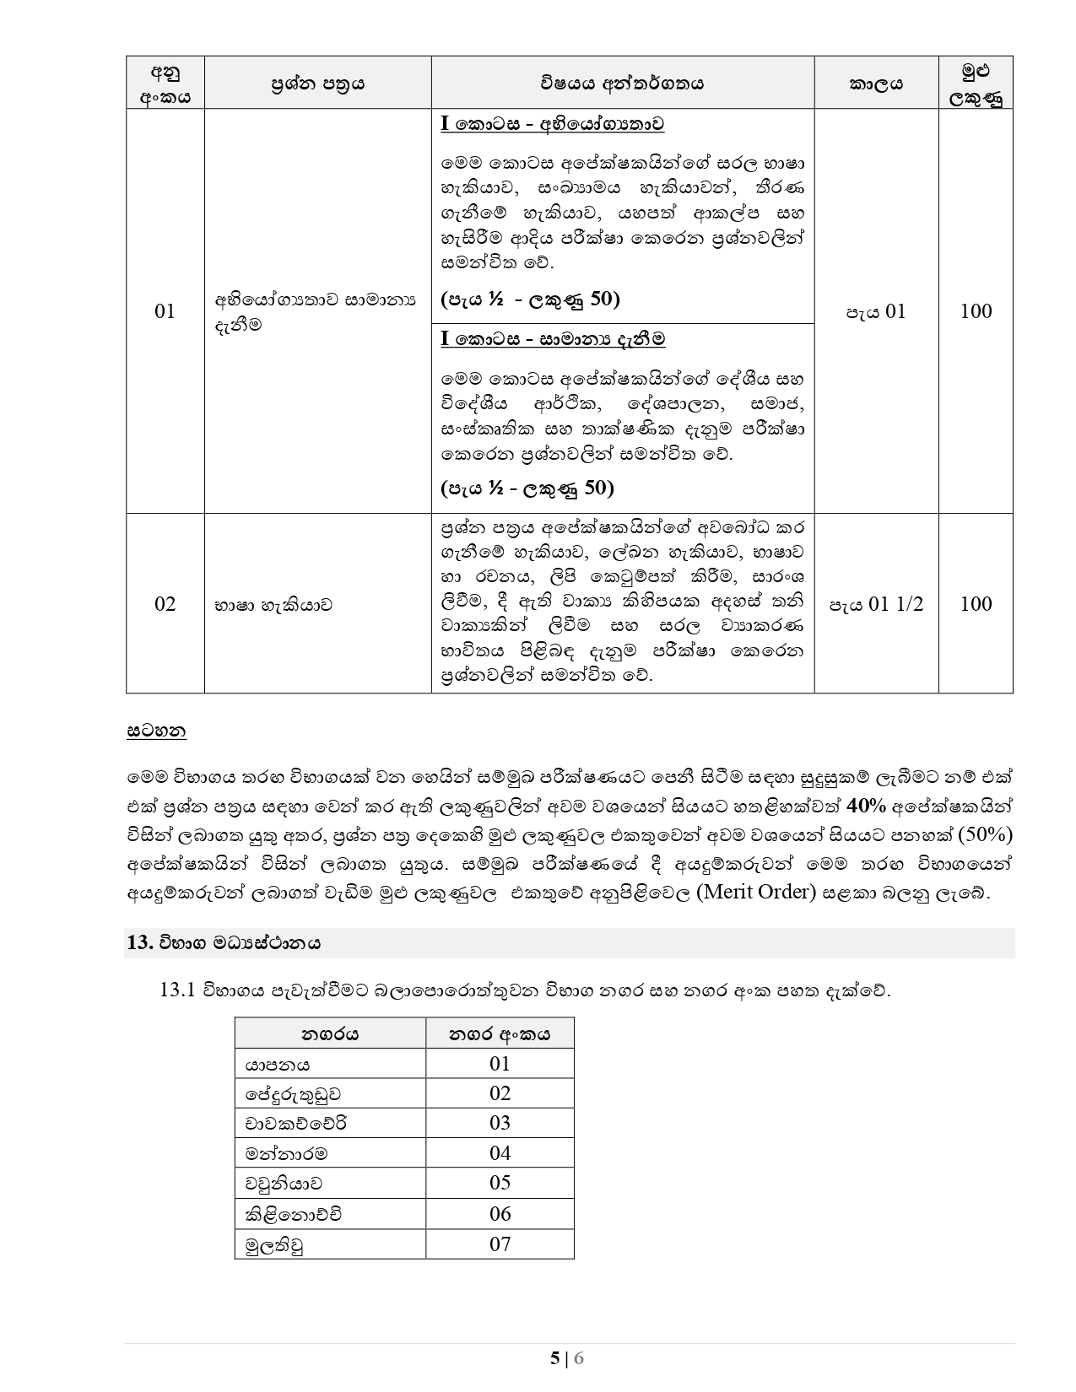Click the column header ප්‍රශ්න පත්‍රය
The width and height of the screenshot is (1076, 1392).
[317, 84]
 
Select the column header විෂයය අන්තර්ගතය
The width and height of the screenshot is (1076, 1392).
[622, 84]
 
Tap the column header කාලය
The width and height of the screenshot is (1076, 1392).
[876, 84]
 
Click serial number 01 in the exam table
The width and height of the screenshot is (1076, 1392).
[165, 311]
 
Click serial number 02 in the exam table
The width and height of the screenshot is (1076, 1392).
[165, 604]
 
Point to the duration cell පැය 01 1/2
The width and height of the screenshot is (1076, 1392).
[876, 604]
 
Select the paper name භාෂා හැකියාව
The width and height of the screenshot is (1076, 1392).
[273, 604]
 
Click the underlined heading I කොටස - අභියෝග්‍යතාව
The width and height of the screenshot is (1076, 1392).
[552, 124]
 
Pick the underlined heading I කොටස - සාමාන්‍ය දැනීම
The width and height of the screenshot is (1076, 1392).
[553, 339]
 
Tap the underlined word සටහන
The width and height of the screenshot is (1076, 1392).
[156, 731]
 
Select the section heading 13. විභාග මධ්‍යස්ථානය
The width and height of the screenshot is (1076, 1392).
[224, 943]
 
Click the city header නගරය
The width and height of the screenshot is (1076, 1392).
[330, 1033]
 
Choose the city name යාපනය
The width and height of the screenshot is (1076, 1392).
[278, 1064]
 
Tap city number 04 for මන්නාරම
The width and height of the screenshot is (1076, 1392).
[500, 1153]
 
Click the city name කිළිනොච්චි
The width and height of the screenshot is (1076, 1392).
[294, 1214]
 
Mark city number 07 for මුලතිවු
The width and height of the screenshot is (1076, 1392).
[500, 1244]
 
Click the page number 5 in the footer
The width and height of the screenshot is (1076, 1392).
[554, 1358]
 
